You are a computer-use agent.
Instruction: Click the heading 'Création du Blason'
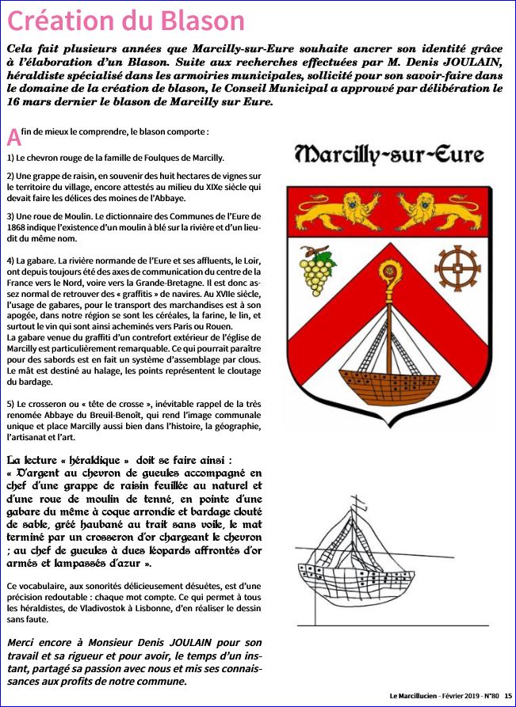pos(125,19)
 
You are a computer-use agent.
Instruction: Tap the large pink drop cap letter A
pos(13,136)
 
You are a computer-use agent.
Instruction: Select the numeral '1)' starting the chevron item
pos(10,158)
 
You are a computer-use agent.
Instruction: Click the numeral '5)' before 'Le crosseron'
pos(10,402)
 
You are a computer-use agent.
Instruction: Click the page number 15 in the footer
pos(507,696)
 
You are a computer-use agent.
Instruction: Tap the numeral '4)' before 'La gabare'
pos(10,260)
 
